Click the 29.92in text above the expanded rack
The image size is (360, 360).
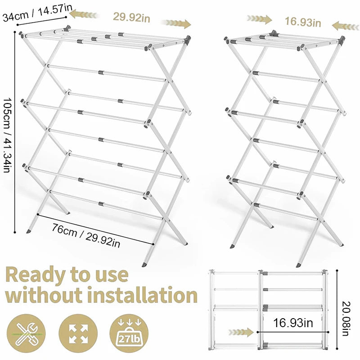click(x=131, y=18)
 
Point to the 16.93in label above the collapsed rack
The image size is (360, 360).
click(x=302, y=21)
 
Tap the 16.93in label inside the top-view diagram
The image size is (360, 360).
click(x=293, y=322)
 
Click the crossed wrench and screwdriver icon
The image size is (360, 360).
click(x=26, y=333)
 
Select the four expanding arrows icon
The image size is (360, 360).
click(x=78, y=333)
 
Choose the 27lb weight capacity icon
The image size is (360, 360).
click(x=129, y=333)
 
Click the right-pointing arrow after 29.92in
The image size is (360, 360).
click(x=176, y=23)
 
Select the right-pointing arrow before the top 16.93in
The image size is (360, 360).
click(x=259, y=19)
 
